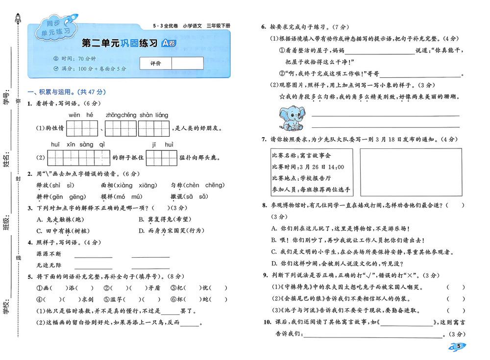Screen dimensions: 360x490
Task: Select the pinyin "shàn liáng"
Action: (x=154, y=115)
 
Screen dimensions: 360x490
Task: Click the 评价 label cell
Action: (x=155, y=63)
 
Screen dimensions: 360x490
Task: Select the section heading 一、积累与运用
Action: (x=67, y=92)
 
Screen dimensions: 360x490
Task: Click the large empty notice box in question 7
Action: (x=411, y=172)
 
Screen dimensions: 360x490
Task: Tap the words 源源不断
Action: (x=49, y=254)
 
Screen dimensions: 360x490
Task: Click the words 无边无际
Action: (x=49, y=265)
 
